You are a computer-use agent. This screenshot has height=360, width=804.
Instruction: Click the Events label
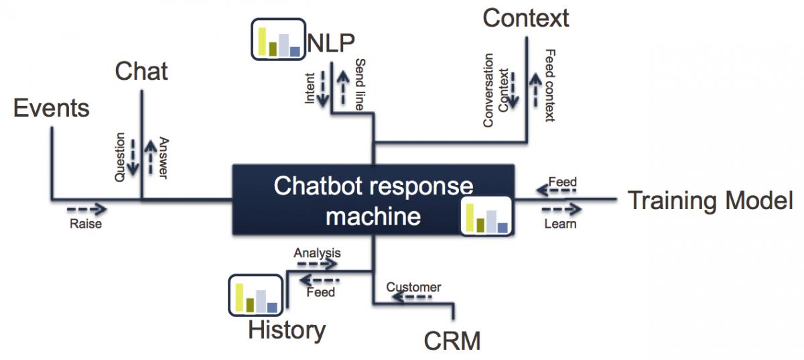(x=52, y=108)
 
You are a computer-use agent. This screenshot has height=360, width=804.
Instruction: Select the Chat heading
(x=141, y=71)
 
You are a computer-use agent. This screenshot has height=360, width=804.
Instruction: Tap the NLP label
(x=331, y=43)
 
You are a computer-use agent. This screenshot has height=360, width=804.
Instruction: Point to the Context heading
(x=526, y=18)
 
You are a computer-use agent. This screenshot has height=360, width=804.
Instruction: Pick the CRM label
(x=452, y=341)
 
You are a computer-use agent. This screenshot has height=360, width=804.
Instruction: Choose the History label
(x=287, y=330)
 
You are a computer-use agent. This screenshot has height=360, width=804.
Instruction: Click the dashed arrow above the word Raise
(x=86, y=208)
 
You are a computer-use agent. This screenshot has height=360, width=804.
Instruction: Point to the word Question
(x=121, y=158)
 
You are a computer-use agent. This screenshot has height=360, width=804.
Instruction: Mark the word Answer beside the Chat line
(x=163, y=159)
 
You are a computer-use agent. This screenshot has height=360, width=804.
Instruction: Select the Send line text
(x=360, y=84)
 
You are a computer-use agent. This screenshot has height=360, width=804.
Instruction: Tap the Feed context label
(x=549, y=85)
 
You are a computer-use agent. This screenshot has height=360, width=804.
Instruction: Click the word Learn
(x=560, y=224)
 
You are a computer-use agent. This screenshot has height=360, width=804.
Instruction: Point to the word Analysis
(x=317, y=253)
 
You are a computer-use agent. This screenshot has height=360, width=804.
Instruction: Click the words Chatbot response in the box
(x=373, y=186)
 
